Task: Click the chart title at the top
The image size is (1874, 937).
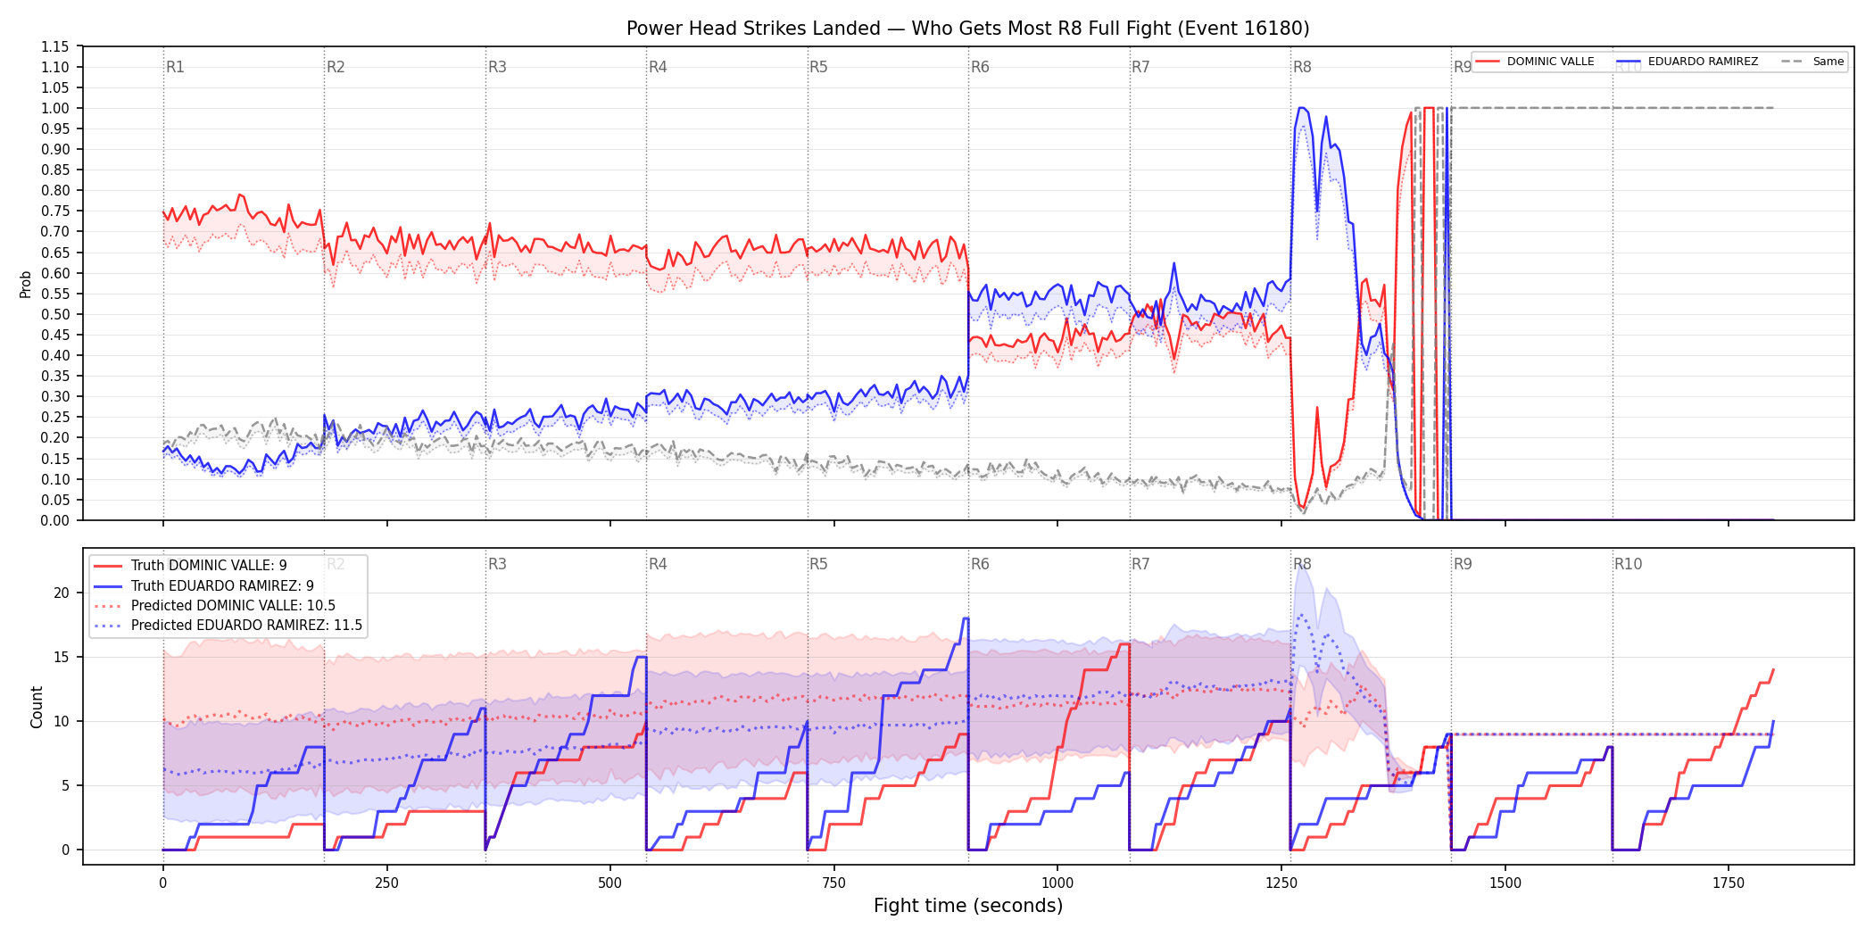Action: (967, 29)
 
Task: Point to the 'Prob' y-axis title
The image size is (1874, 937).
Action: (26, 284)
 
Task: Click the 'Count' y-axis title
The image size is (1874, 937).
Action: (37, 707)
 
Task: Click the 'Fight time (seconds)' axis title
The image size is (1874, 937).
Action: (968, 906)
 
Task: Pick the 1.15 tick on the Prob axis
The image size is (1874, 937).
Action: (55, 46)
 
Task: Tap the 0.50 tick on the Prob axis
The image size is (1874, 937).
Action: (55, 314)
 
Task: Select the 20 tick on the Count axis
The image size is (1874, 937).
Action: (62, 593)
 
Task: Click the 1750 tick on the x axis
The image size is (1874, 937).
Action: (1729, 883)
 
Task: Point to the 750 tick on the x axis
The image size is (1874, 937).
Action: (833, 883)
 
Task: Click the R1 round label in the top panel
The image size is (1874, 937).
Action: (175, 67)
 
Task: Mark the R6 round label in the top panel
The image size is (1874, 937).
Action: (980, 67)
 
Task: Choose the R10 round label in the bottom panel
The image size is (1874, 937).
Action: (1628, 564)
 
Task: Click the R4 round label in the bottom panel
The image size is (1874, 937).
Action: (658, 564)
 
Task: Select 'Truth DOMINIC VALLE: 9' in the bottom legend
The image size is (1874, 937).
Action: (209, 566)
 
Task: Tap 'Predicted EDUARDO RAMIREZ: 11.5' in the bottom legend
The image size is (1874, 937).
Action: (246, 626)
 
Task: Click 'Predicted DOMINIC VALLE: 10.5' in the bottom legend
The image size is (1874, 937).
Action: (233, 606)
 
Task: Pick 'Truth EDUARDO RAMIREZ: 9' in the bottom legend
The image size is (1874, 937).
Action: (222, 586)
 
